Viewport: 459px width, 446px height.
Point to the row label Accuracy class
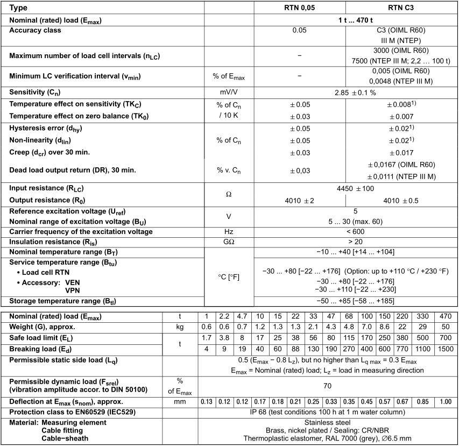pyautogui.click(x=35, y=30)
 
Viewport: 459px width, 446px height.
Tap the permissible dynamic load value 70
pyautogui.click(x=327, y=385)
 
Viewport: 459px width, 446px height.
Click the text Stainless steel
pyautogui.click(x=327, y=422)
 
